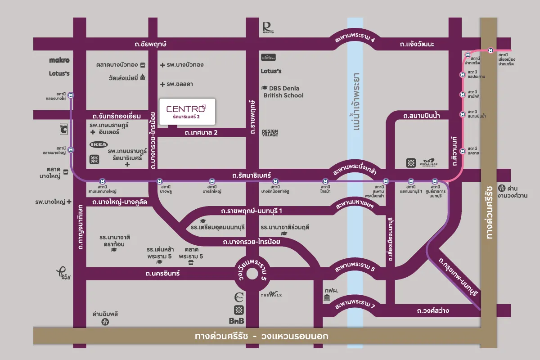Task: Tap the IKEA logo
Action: (x=99, y=144)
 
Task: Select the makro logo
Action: (x=59, y=60)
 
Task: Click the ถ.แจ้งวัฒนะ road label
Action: (x=417, y=44)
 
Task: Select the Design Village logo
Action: (x=270, y=133)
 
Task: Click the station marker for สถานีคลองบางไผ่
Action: (x=71, y=95)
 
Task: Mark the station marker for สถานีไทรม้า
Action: (x=325, y=181)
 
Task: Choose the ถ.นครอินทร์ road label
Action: (x=162, y=273)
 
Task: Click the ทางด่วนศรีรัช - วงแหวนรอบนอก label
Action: (x=261, y=336)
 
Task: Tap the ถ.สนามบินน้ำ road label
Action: (x=421, y=116)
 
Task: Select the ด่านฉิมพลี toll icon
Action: (x=105, y=322)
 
